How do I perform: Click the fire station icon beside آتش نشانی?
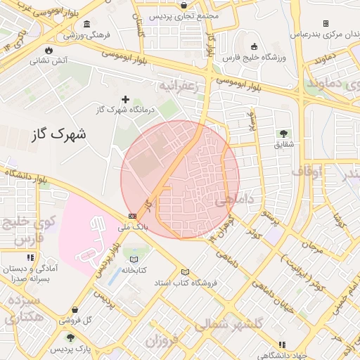(x=49, y=50)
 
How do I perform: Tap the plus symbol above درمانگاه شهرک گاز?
(x=126, y=99)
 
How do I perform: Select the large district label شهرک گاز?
(x=59, y=133)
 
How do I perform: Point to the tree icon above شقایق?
(x=283, y=134)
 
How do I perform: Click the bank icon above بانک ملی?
(x=133, y=216)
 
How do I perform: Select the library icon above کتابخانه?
(x=134, y=259)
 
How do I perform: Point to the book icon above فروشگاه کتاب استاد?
(x=186, y=272)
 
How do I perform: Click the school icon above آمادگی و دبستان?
(x=30, y=258)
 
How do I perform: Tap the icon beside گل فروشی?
(x=75, y=309)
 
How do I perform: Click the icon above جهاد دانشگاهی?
(x=282, y=345)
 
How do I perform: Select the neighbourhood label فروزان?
(x=160, y=341)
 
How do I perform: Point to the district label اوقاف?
(x=307, y=171)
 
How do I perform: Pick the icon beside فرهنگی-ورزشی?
(x=86, y=23)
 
